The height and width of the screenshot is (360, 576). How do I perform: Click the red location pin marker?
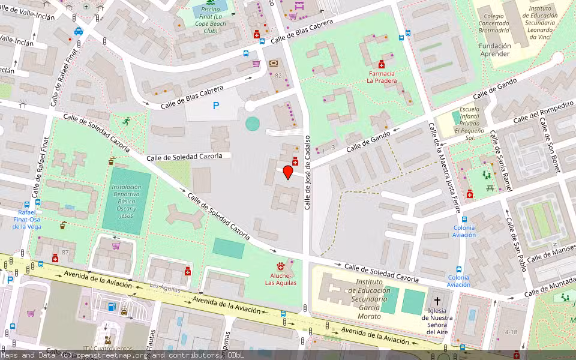[x=287, y=172]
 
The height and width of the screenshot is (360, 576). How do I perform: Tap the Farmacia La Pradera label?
[x=382, y=77]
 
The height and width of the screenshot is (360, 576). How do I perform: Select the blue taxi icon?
[x=78, y=31]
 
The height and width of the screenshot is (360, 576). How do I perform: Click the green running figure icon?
[x=126, y=121]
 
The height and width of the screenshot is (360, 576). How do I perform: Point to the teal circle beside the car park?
[x=253, y=124]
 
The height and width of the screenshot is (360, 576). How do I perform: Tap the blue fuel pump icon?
[x=111, y=307]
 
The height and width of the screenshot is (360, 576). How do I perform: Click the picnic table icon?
[x=491, y=188]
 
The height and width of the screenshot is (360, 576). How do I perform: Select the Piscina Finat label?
[x=211, y=20]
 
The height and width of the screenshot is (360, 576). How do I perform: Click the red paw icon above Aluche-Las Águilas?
[x=280, y=265]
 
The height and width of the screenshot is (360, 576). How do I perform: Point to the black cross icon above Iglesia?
[x=437, y=301]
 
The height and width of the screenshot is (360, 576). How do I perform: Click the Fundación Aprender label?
[x=494, y=50]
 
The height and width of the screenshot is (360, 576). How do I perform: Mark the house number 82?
[x=278, y=76]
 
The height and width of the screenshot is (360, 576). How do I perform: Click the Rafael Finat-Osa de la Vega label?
[x=26, y=220]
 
